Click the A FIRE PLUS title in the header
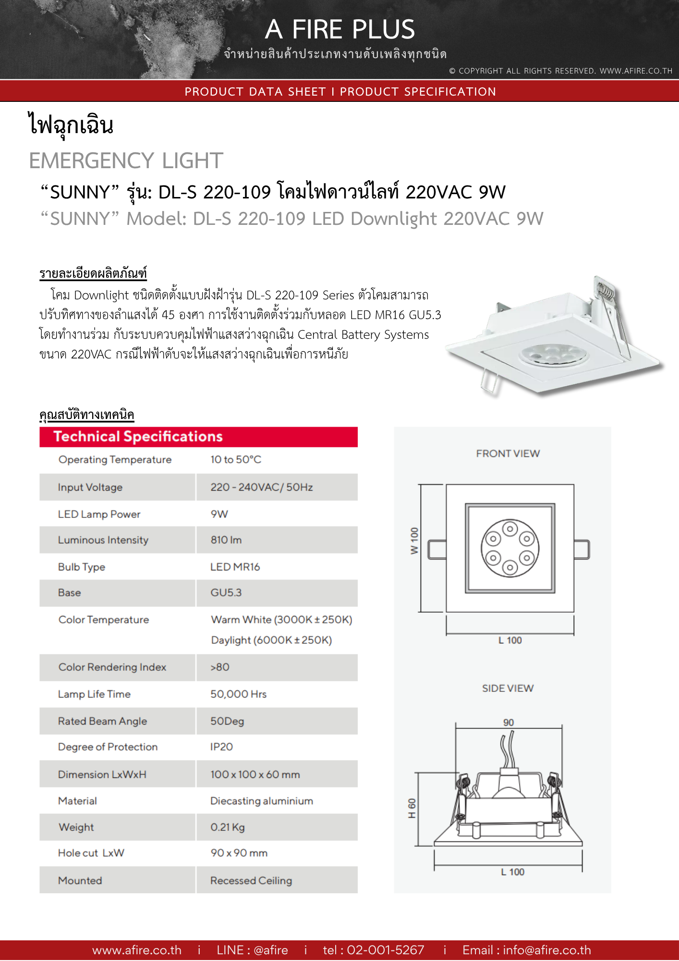coord(339,29)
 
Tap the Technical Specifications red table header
coord(138,436)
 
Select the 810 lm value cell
coord(226,540)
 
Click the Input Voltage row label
coord(90,487)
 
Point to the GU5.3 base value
coord(226,592)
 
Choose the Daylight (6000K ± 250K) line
coord(271,640)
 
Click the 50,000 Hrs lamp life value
coord(238,694)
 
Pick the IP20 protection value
coord(221,747)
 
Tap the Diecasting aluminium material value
coord(262,801)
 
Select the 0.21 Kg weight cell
coord(228,827)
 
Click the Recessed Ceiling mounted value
coord(251,880)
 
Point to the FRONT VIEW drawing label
coord(508,454)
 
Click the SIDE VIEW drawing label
coord(508,688)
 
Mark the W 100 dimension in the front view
coord(414,541)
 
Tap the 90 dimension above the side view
coord(509,722)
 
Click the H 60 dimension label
coord(412,809)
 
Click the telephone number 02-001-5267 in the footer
coord(374,950)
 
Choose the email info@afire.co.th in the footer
coord(526,950)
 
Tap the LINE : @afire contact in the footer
coord(252,950)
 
